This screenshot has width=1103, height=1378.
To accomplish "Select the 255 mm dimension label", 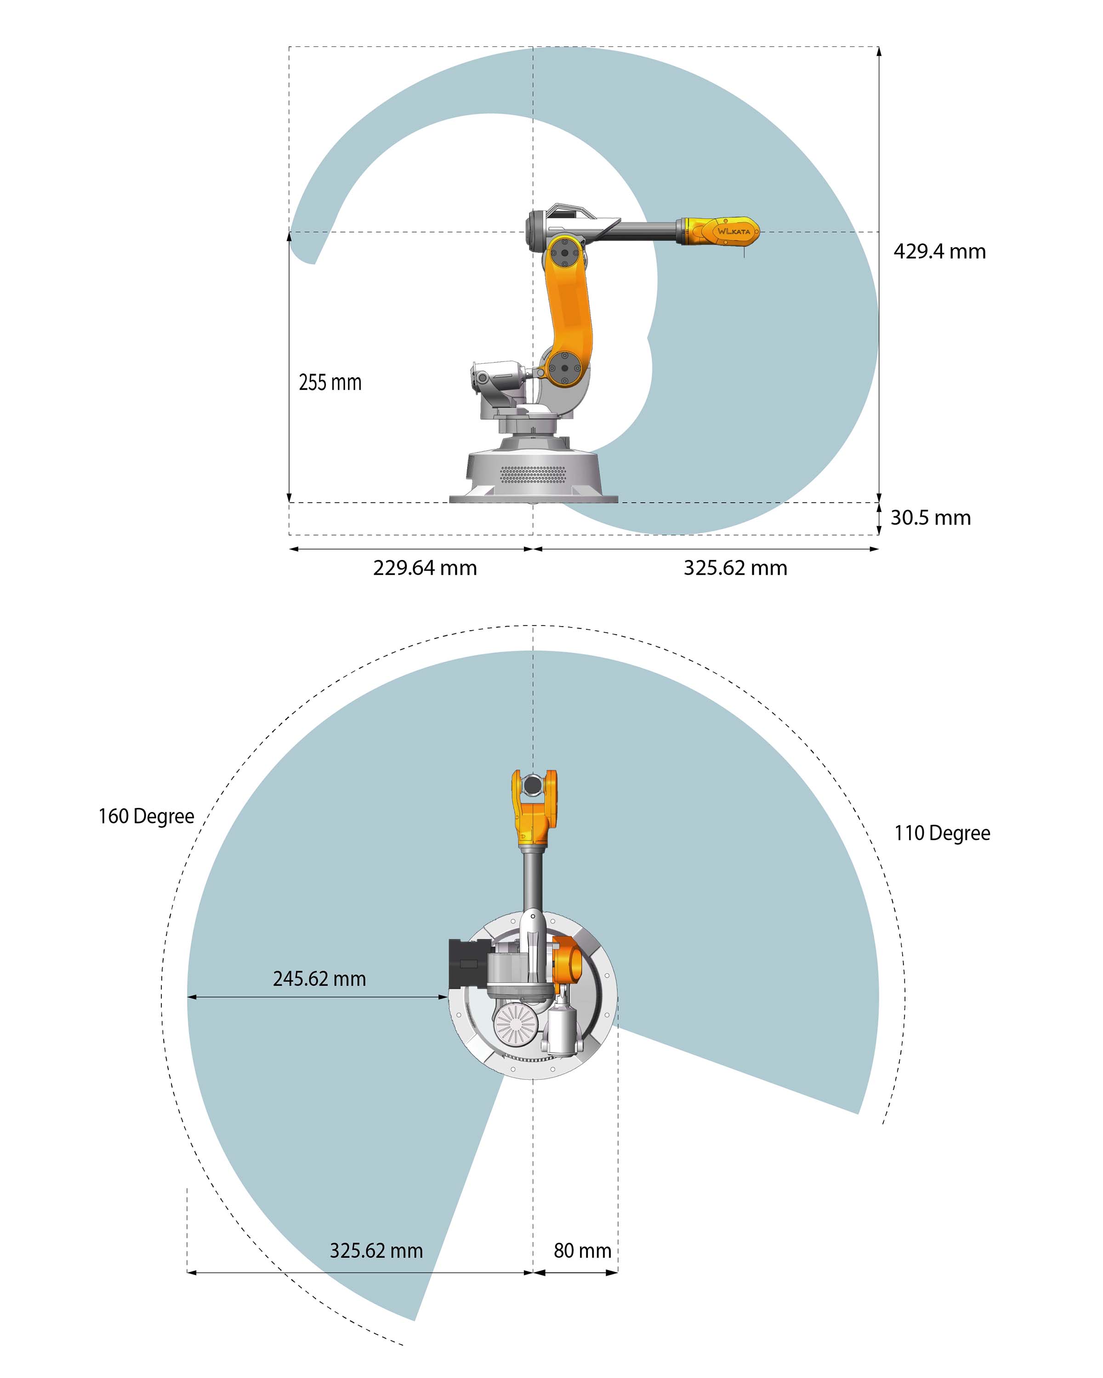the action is click(330, 382).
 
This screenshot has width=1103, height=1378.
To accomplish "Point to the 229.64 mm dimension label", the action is click(425, 568).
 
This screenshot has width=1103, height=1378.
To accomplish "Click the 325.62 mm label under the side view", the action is click(735, 568).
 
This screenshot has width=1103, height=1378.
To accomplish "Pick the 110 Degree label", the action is click(942, 833).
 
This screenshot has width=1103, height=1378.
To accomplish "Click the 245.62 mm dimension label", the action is click(319, 978).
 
